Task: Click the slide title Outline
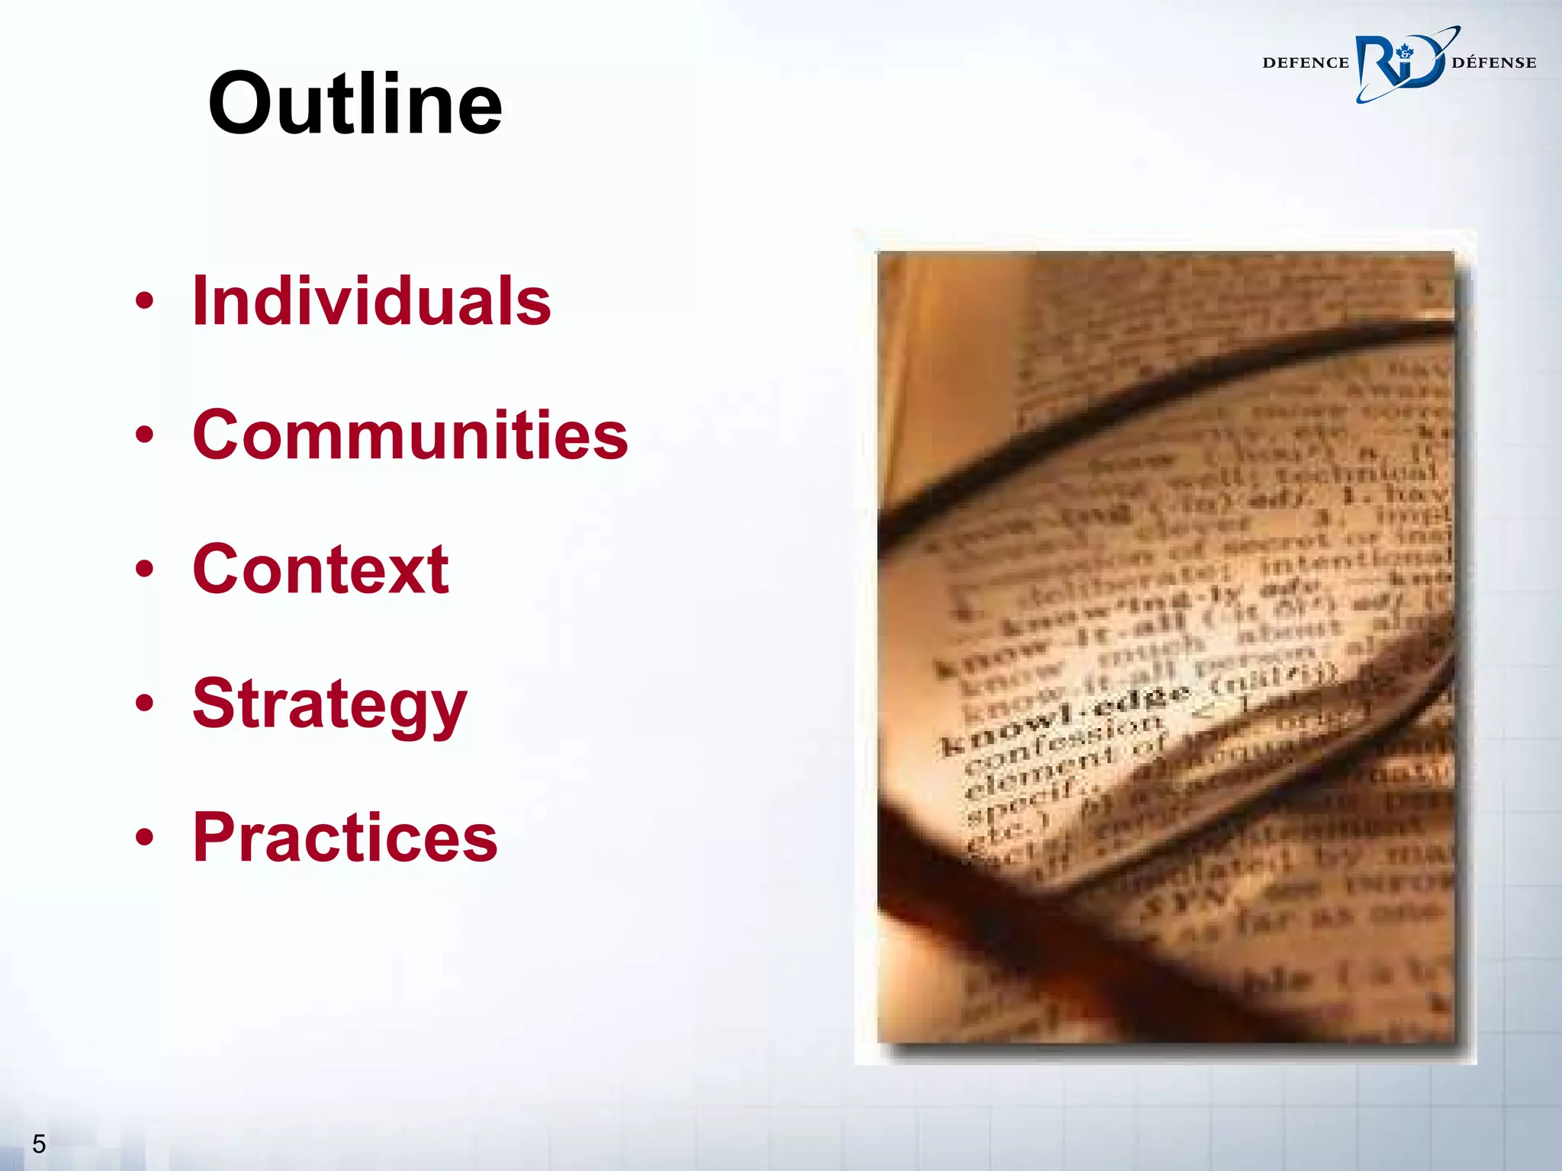pos(355,104)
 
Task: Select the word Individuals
pos(371,301)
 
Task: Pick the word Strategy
pos(329,704)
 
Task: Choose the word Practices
pos(345,837)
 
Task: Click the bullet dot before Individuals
pos(144,302)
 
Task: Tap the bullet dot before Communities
pos(144,435)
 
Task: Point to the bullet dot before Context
pos(144,569)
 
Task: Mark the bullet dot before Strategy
pos(144,703)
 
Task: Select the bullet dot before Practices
pos(144,837)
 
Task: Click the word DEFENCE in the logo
pos(1306,63)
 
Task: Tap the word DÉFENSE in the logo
pos(1494,63)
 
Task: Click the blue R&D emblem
pos(1400,64)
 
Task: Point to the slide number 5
pos(39,1144)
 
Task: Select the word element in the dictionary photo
pos(1037,770)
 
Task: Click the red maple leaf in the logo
pos(1405,52)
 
